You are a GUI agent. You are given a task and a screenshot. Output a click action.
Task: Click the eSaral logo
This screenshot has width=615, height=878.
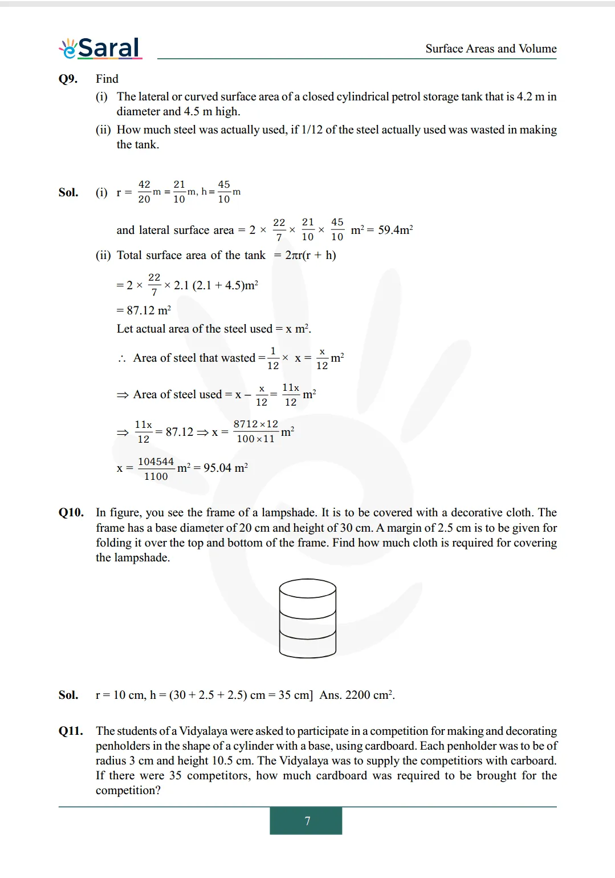tap(100, 48)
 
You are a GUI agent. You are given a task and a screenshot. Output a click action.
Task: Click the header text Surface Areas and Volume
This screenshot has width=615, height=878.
tap(490, 48)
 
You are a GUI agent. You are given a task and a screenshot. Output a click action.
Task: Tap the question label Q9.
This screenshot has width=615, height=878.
tap(68, 79)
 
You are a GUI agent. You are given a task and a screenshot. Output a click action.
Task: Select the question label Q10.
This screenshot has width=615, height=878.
tap(71, 512)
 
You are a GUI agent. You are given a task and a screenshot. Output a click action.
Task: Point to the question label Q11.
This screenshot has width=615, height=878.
tap(71, 731)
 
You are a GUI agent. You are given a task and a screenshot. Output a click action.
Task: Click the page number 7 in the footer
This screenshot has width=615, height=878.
tap(307, 821)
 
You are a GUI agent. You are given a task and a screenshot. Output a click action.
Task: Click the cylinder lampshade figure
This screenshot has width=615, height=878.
tap(307, 618)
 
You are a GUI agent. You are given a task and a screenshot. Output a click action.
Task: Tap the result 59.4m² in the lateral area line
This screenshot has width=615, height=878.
tap(395, 230)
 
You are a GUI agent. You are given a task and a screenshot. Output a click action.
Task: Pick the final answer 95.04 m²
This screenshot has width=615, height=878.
tap(226, 468)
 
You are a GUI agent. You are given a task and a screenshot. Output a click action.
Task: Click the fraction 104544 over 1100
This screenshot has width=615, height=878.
tap(156, 469)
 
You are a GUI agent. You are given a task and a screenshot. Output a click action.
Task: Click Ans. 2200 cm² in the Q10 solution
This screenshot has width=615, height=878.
tap(357, 695)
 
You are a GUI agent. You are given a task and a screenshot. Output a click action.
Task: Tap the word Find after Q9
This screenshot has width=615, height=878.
tap(107, 79)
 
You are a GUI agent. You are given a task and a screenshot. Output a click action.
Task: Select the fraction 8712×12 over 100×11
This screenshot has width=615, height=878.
tap(255, 431)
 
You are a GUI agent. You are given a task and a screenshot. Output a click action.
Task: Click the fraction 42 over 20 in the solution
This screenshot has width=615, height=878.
tap(144, 192)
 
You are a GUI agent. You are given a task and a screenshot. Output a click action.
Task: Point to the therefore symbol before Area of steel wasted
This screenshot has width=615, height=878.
tap(121, 359)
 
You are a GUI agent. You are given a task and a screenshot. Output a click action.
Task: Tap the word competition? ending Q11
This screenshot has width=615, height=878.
tap(128, 790)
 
